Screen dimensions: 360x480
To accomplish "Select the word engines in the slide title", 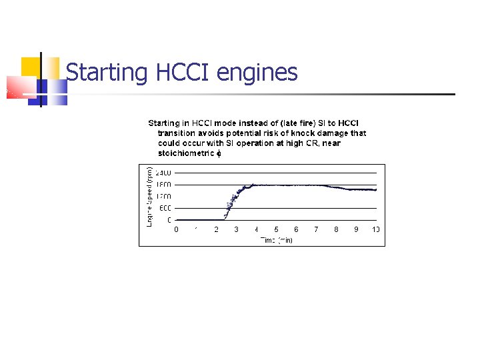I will (x=258, y=72).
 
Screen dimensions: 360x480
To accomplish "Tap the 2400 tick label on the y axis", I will (x=165, y=173).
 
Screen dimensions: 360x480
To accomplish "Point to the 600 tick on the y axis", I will (x=165, y=208).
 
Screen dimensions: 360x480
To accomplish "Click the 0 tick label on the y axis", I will (x=169, y=219).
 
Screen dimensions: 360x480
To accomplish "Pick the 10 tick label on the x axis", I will (x=376, y=229).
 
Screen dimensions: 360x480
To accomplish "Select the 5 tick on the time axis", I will (x=276, y=229).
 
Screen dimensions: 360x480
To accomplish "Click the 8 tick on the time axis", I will (x=336, y=229).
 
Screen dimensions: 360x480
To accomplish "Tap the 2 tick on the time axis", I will (x=216, y=229).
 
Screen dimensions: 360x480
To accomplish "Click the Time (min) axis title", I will (x=276, y=239).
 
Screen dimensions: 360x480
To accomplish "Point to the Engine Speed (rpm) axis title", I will (x=150, y=197).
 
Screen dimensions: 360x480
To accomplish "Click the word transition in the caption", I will (x=176, y=133).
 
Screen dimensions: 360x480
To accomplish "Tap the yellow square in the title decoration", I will (x=31, y=67).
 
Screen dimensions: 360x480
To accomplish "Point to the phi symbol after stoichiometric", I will (x=219, y=153).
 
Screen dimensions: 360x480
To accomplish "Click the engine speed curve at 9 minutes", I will (x=356, y=189).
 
